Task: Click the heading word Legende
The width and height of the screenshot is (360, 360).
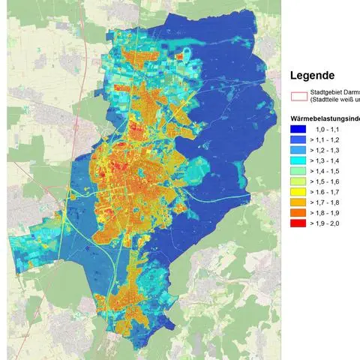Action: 311,75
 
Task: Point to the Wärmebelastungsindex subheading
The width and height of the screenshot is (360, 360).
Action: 324,119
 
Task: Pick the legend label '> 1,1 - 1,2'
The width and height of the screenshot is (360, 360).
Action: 328,139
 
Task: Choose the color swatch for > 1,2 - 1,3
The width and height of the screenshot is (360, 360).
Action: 298,150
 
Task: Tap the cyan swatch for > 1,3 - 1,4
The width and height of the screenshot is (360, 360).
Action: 298,160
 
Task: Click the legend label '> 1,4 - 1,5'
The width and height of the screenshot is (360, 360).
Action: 328,171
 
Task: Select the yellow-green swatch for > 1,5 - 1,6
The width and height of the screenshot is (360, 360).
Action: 298,181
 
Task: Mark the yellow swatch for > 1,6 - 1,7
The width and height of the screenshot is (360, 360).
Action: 298,192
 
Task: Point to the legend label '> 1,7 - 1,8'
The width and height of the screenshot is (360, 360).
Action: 328,202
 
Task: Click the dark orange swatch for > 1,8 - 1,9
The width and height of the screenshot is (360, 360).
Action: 298,213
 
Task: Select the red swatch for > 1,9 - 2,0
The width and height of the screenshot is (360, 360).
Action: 298,223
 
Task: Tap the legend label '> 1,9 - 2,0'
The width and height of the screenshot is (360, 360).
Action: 328,223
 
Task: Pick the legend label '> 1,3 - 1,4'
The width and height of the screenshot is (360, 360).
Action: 328,160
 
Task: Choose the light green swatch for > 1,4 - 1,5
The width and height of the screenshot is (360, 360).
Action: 298,171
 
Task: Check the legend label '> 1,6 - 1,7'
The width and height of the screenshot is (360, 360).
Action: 328,192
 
